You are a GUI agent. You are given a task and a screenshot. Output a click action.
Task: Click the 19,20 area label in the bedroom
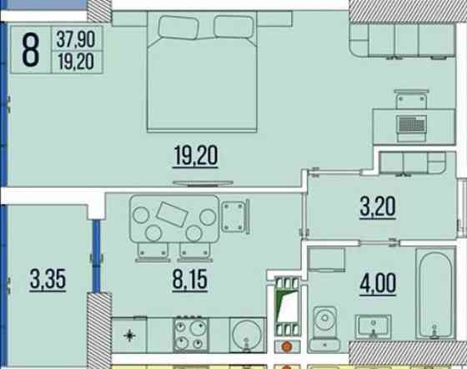(x=196, y=155)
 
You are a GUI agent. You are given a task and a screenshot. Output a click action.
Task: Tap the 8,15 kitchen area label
(x=190, y=280)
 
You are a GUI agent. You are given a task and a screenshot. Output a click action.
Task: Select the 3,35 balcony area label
(x=48, y=280)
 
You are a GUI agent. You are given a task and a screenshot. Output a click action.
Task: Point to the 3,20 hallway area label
(x=378, y=206)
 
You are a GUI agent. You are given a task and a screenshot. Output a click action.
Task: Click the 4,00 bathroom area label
(x=378, y=283)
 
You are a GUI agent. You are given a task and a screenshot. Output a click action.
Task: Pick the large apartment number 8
(x=30, y=49)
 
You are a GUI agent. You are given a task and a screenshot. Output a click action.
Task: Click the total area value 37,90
(x=76, y=39)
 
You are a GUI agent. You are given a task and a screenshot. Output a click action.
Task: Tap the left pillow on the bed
(x=178, y=28)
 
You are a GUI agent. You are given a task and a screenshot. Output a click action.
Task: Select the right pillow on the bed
(x=233, y=27)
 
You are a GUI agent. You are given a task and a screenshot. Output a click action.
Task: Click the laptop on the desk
(x=411, y=129)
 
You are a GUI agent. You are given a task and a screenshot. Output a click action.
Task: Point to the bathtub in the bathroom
(x=435, y=294)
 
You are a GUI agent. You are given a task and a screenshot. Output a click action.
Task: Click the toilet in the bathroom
(x=324, y=329)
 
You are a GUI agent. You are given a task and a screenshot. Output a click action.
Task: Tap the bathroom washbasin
(x=373, y=326)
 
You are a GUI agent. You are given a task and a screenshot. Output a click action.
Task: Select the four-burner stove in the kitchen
(x=191, y=335)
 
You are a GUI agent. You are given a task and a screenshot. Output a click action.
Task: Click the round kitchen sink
(x=247, y=335)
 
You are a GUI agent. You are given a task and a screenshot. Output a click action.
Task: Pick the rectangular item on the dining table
(x=172, y=214)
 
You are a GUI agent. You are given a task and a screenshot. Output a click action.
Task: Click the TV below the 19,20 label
(x=203, y=184)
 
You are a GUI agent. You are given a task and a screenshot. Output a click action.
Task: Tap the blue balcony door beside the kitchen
(x=96, y=256)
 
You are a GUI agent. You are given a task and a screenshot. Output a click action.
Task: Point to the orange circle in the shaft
(x=287, y=347)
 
